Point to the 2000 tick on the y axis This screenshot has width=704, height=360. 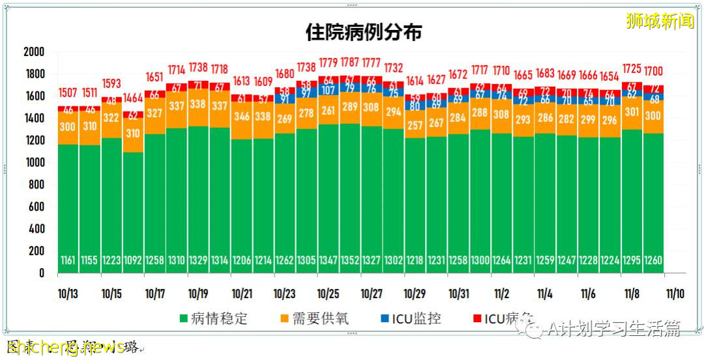(x=33, y=52)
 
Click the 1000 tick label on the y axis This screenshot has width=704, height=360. (x=33, y=162)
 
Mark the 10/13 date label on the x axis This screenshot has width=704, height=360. (x=68, y=293)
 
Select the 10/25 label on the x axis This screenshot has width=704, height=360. (x=328, y=293)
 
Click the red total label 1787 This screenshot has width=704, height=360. (x=349, y=63)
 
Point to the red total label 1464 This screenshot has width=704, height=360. (x=133, y=98)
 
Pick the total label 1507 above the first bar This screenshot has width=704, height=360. (x=68, y=92)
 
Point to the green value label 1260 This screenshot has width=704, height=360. (x=653, y=260)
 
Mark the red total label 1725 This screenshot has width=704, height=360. (x=631, y=68)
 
